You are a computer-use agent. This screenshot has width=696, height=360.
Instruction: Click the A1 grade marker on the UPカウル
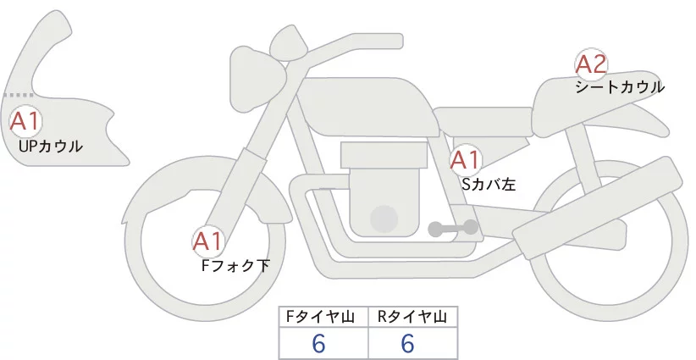25,120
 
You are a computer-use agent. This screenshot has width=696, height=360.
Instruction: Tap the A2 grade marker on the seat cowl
590,64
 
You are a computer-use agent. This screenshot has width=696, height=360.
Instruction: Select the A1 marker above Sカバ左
465,159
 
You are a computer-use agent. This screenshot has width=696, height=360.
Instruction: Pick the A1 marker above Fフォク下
207,242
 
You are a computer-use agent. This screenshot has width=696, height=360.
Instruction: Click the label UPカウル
50,147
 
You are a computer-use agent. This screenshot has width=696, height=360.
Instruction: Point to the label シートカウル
619,86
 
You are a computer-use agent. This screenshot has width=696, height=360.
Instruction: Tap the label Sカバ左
488,182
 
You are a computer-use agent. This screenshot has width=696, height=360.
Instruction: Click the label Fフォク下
235,266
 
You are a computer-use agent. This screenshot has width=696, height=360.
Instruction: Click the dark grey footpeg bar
454,228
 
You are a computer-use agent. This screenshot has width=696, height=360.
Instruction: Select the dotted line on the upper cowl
19,95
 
